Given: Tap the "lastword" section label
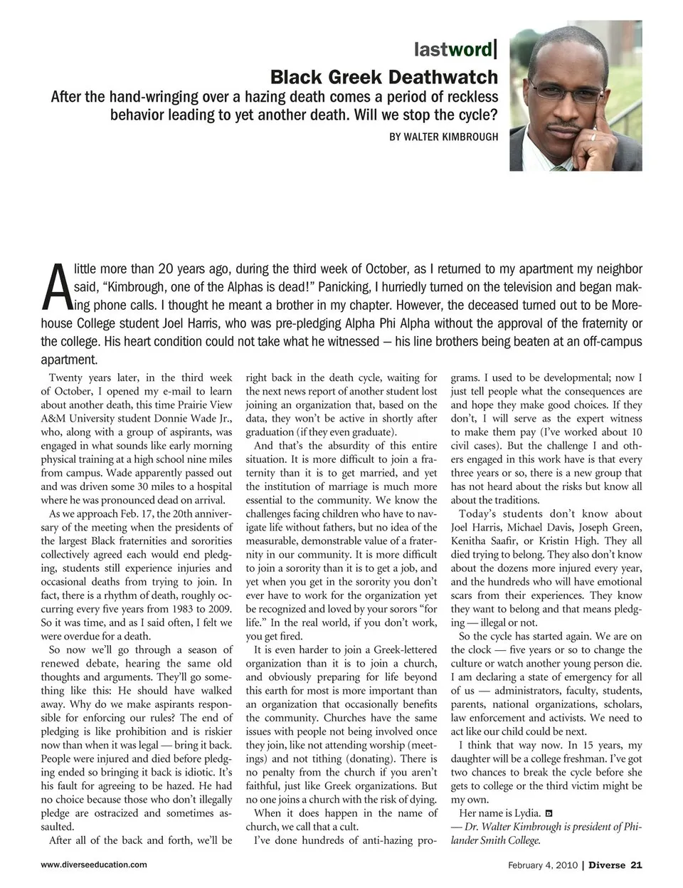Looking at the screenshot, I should (452, 49).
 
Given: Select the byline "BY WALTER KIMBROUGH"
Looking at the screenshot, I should (443, 136).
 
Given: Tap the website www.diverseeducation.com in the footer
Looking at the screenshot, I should (94, 865).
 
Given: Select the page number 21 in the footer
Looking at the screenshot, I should (636, 865).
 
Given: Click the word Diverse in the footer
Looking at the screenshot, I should (607, 865).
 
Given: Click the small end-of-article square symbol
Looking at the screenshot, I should (549, 813).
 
